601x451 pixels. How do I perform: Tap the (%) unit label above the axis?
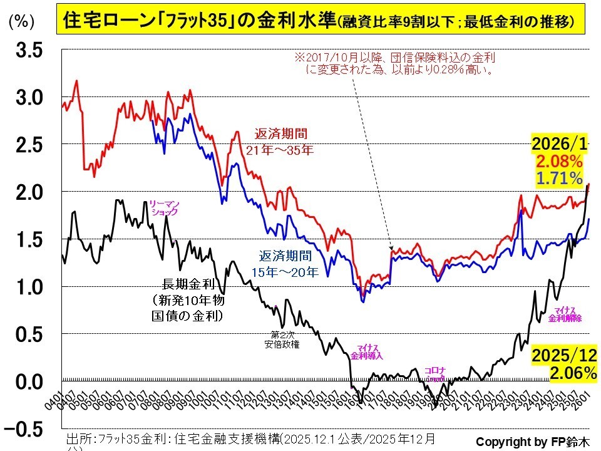click(21, 21)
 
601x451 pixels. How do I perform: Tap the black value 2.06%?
click(572, 373)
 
